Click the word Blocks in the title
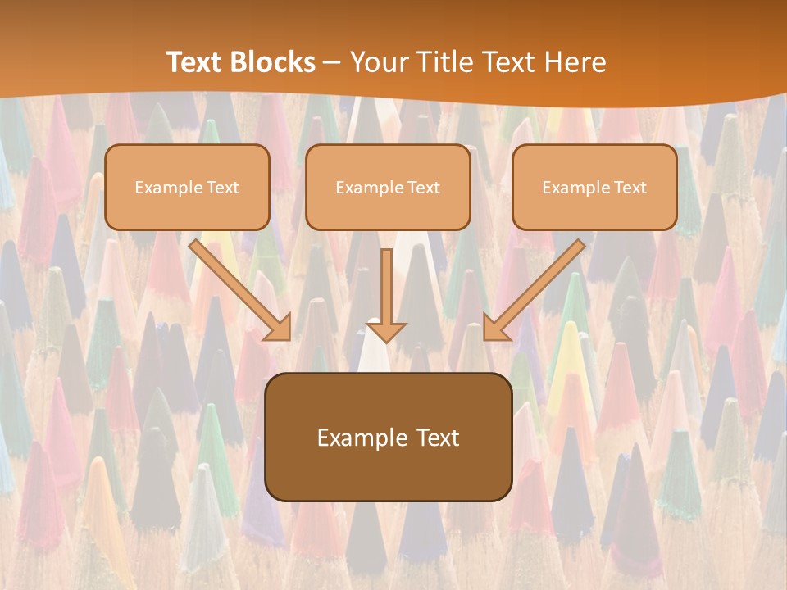click(x=274, y=62)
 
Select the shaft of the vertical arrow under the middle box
click(x=387, y=283)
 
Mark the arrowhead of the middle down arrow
click(x=387, y=331)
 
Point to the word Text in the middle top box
click(x=423, y=188)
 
